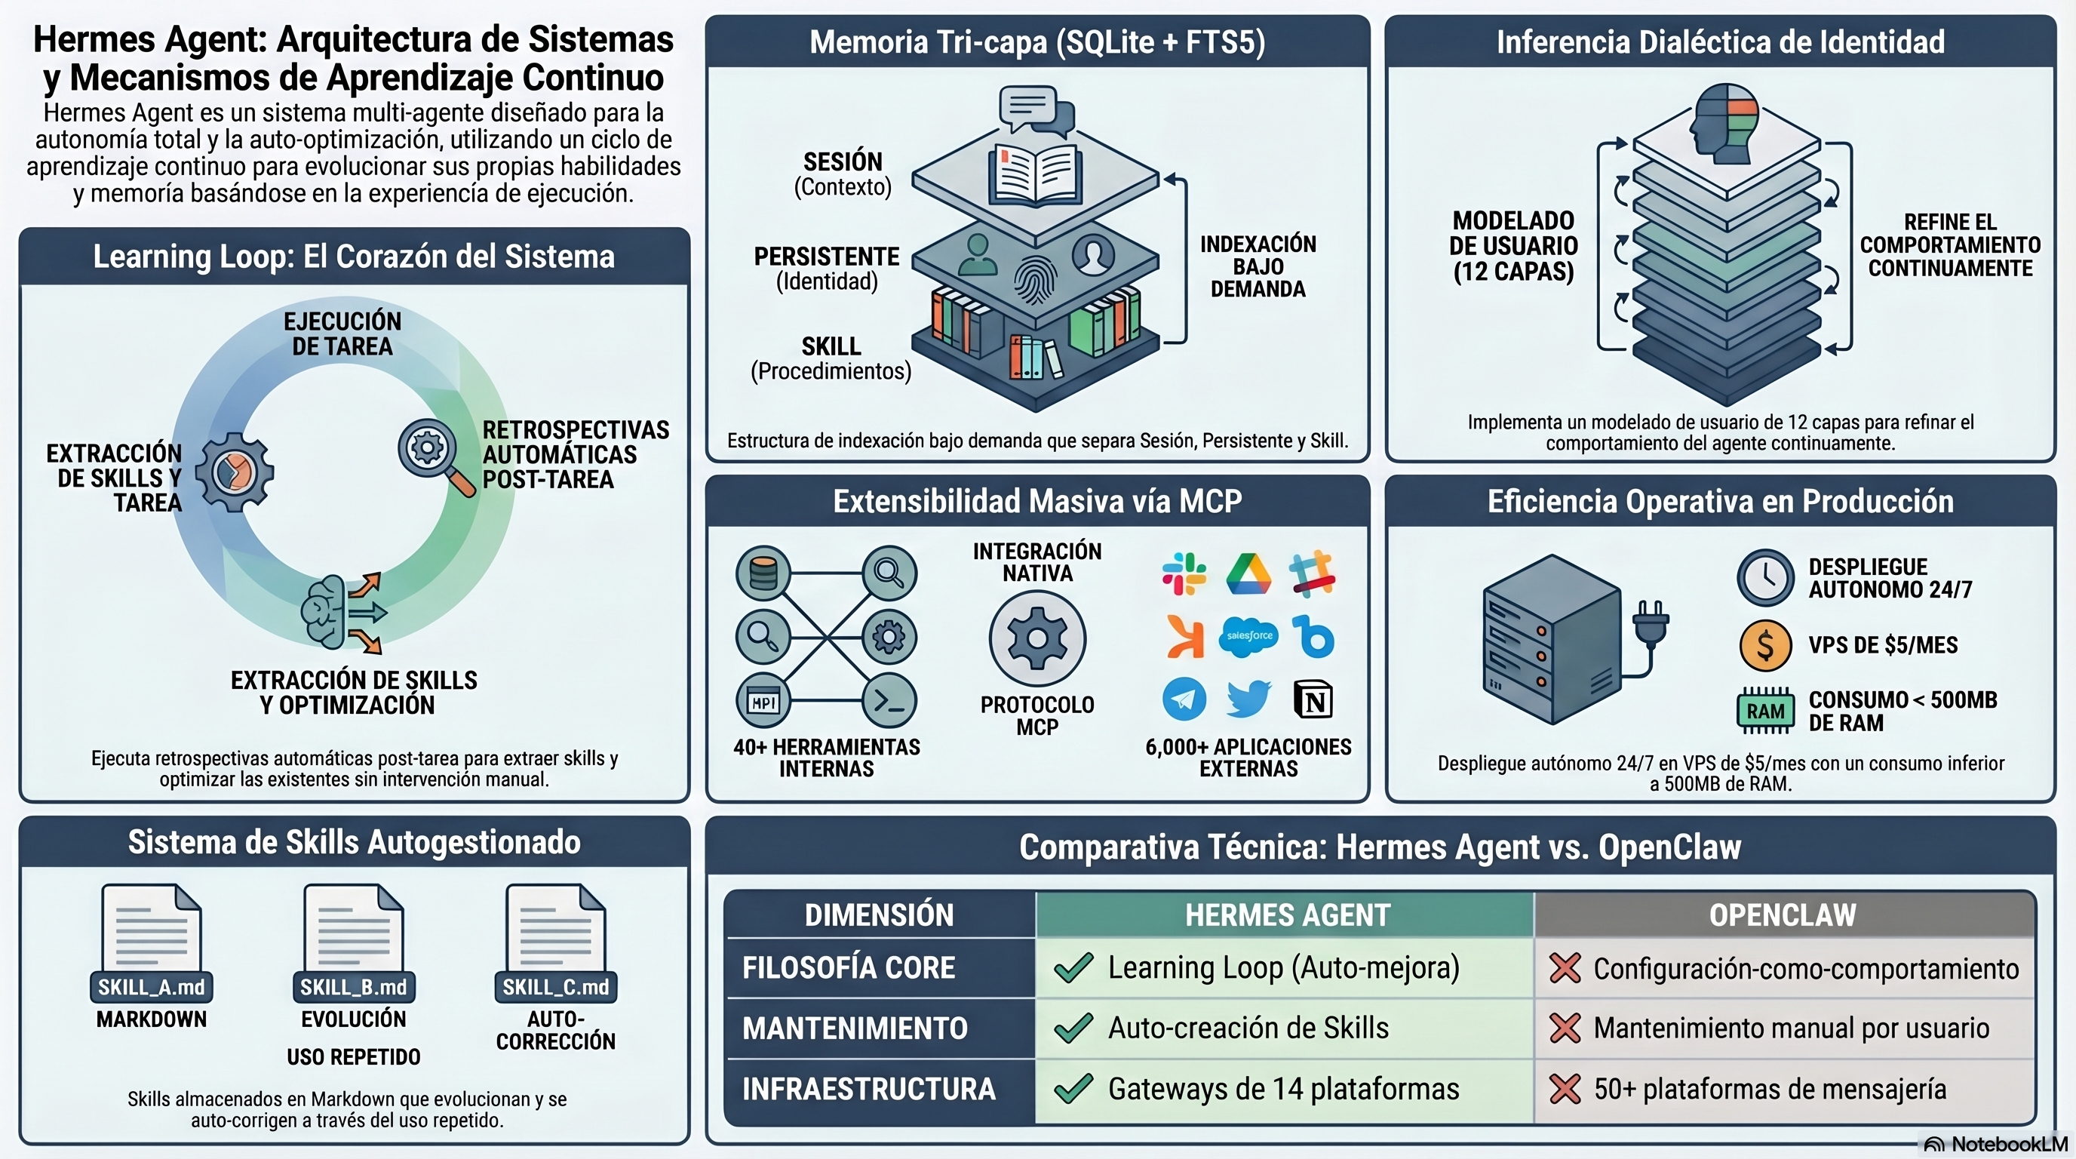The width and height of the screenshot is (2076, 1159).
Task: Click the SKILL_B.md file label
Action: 353,987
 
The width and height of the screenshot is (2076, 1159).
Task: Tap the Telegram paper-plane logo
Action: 1184,699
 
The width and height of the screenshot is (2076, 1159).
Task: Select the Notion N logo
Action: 1313,699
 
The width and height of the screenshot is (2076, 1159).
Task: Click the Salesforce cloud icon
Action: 1248,637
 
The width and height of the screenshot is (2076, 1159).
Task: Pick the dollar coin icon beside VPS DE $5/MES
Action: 1765,646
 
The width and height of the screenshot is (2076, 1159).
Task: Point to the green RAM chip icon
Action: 1765,711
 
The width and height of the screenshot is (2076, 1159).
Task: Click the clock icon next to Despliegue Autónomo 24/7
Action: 1765,577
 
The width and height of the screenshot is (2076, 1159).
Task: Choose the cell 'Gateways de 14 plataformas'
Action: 1283,1090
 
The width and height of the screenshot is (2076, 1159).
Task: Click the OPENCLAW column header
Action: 1783,915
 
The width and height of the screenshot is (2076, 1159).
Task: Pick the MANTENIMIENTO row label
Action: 854,1028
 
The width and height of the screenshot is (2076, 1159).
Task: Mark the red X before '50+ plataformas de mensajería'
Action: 1565,1090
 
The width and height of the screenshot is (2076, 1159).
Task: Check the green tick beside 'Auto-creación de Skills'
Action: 1073,1028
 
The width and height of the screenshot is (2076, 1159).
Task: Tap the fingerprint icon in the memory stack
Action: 1035,279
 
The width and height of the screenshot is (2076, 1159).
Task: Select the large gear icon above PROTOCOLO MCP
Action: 1037,638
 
